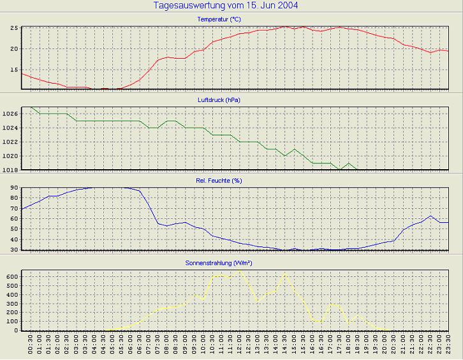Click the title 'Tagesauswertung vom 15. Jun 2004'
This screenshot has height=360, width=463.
pyautogui.click(x=226, y=6)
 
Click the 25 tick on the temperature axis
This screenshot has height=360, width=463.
pyautogui.click(x=13, y=28)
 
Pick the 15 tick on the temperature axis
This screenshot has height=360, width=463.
pyautogui.click(x=13, y=70)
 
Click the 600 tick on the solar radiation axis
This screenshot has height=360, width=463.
pyautogui.click(x=11, y=276)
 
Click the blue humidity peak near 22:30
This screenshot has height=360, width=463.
pyautogui.click(x=431, y=216)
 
